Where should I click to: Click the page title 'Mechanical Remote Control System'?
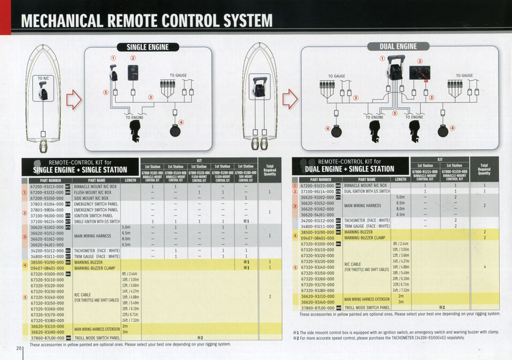pyautogui.click(x=146, y=20)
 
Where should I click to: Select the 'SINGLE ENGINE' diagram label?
pyautogui.click(x=147, y=47)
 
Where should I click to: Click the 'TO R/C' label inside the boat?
pyautogui.click(x=43, y=79)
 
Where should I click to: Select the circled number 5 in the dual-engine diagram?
pyautogui.click(x=395, y=113)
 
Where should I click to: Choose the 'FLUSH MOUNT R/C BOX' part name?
pyautogui.click(x=93, y=193)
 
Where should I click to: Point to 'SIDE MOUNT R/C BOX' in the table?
pyautogui.click(x=92, y=198)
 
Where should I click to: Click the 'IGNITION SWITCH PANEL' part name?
pyautogui.click(x=93, y=215)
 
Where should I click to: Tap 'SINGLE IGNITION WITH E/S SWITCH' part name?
pyautogui.click(x=97, y=221)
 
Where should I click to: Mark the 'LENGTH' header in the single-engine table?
pyautogui.click(x=130, y=180)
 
